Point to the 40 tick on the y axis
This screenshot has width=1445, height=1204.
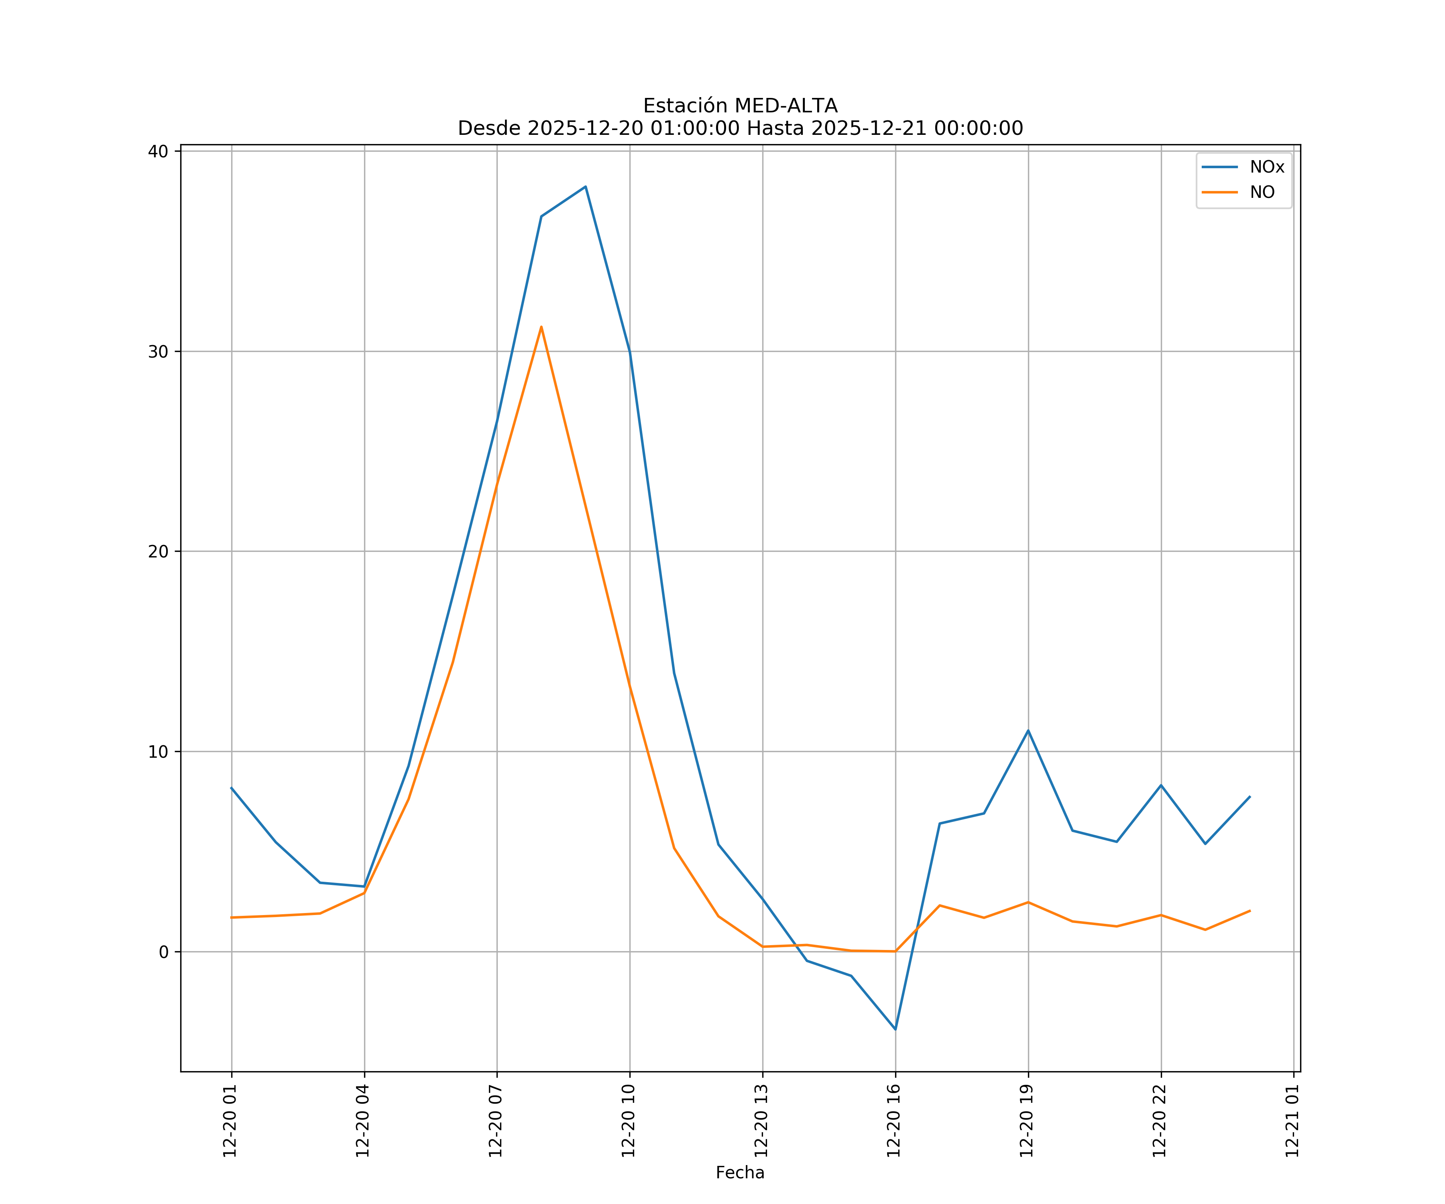click(158, 151)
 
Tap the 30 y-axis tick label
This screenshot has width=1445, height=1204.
click(158, 352)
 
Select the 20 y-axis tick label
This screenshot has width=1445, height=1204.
click(158, 552)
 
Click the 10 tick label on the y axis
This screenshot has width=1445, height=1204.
click(158, 751)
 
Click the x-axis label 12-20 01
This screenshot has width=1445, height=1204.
click(230, 1121)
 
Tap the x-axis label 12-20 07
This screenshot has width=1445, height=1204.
click(496, 1121)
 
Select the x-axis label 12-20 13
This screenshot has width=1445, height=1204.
click(762, 1121)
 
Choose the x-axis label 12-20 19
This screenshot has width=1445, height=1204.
click(1027, 1121)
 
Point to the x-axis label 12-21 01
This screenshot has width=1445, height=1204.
click(1293, 1121)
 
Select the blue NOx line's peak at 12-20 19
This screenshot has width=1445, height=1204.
click(1028, 731)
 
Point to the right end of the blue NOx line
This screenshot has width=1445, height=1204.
click(1250, 797)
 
